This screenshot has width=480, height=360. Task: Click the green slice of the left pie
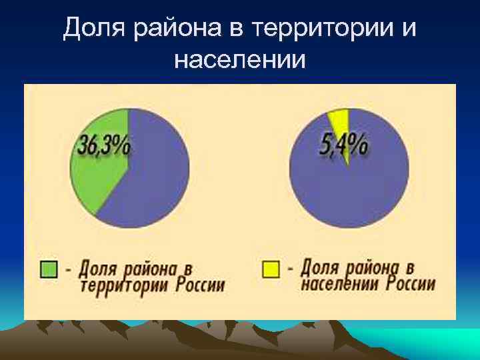pyautogui.click(x=93, y=180)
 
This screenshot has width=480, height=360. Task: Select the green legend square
pyautogui.click(x=50, y=269)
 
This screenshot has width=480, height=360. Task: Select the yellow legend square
pyautogui.click(x=271, y=269)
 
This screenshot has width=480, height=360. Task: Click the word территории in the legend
pyautogui.click(x=125, y=285)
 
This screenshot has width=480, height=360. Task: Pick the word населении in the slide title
pyautogui.click(x=240, y=59)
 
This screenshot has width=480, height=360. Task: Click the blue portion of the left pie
pyautogui.click(x=157, y=173)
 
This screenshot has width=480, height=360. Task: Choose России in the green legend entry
pyautogui.click(x=201, y=285)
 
